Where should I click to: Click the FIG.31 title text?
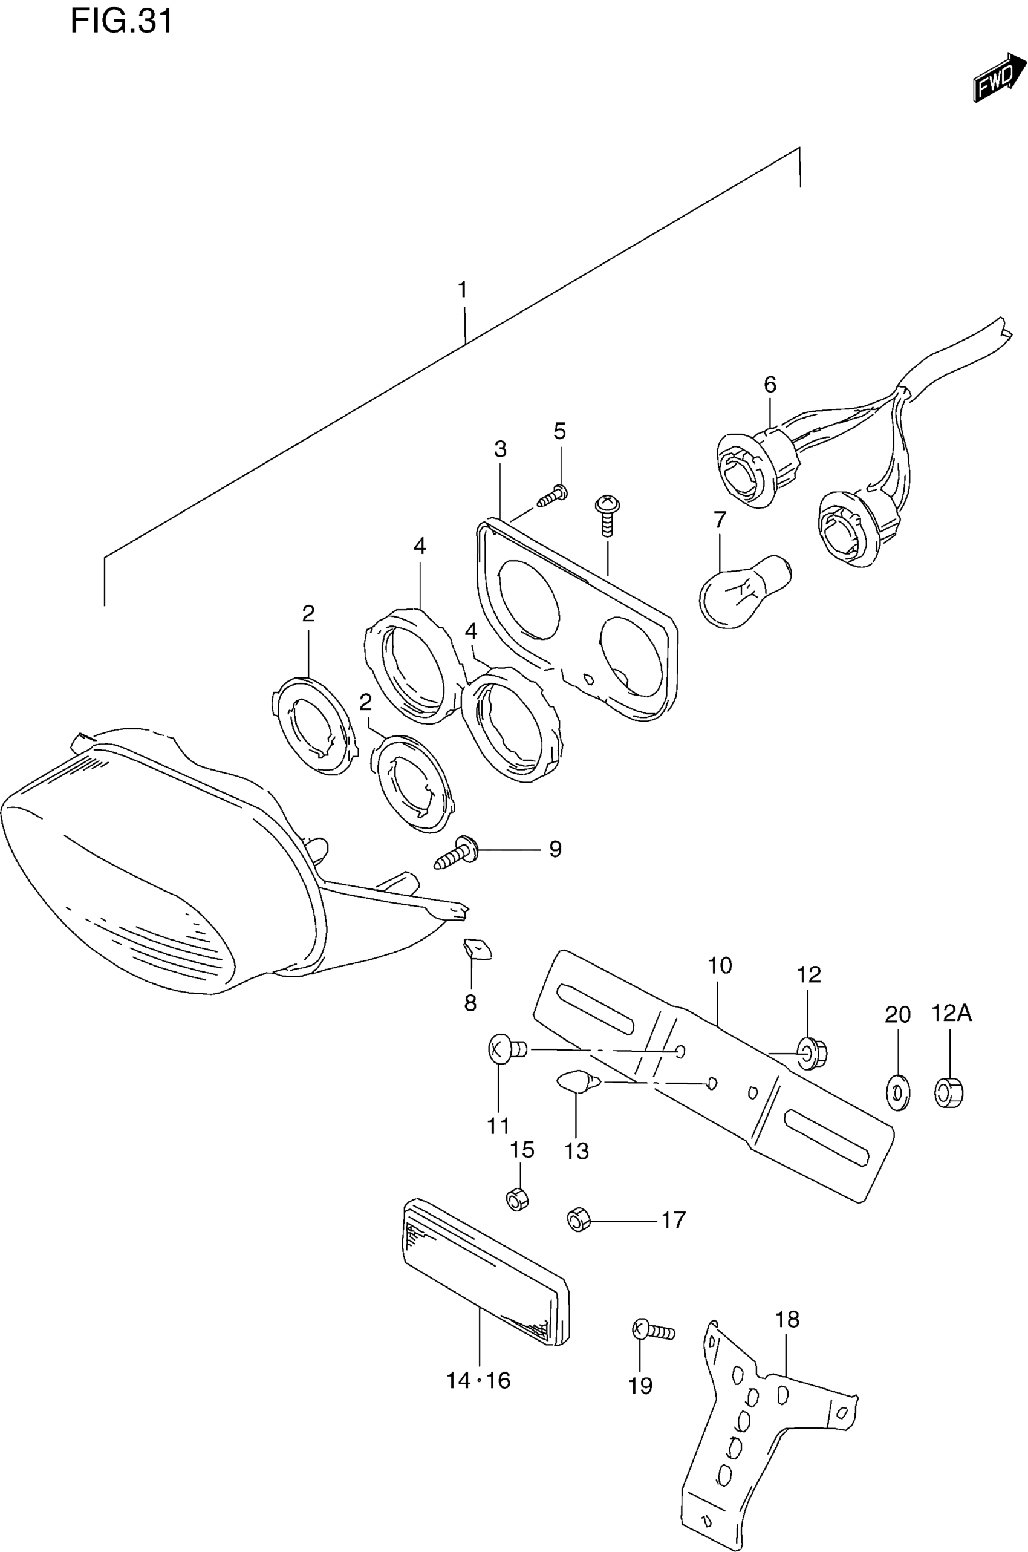click(x=122, y=21)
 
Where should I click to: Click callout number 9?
click(x=555, y=849)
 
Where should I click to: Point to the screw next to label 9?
click(x=459, y=853)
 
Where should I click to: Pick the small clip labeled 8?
click(x=477, y=949)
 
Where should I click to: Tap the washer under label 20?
click(x=897, y=1092)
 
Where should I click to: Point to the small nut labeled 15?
click(x=518, y=1199)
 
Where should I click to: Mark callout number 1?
click(x=463, y=289)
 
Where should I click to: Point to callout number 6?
click(x=770, y=384)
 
